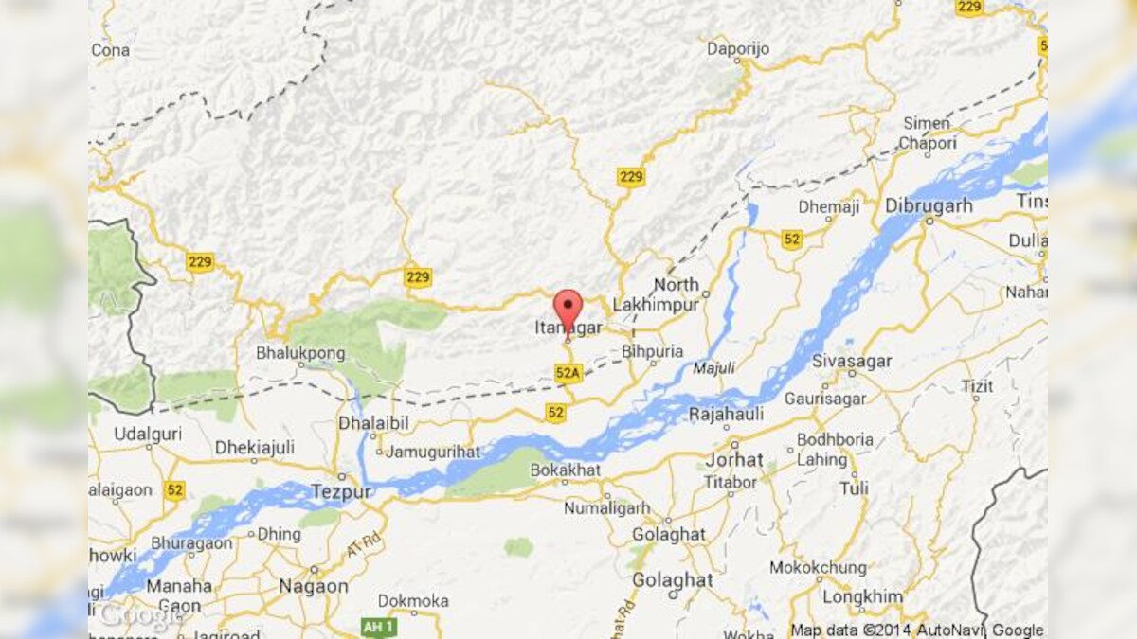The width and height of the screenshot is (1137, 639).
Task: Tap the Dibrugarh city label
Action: coord(929,204)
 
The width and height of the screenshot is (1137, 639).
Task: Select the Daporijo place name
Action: coord(739,48)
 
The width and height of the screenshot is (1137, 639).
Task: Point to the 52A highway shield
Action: coord(568,373)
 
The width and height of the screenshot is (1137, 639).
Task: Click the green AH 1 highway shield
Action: coord(379,627)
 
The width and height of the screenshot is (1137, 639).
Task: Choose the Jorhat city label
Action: coord(734,459)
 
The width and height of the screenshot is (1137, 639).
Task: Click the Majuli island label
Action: coord(713,366)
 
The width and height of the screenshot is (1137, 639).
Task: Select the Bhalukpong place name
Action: coord(297,352)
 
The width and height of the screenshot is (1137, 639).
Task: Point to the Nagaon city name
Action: coord(313,586)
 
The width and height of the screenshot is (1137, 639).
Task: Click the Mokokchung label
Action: coord(818,568)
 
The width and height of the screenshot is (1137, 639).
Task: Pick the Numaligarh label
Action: coord(607,508)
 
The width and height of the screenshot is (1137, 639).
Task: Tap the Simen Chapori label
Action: coord(927,133)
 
